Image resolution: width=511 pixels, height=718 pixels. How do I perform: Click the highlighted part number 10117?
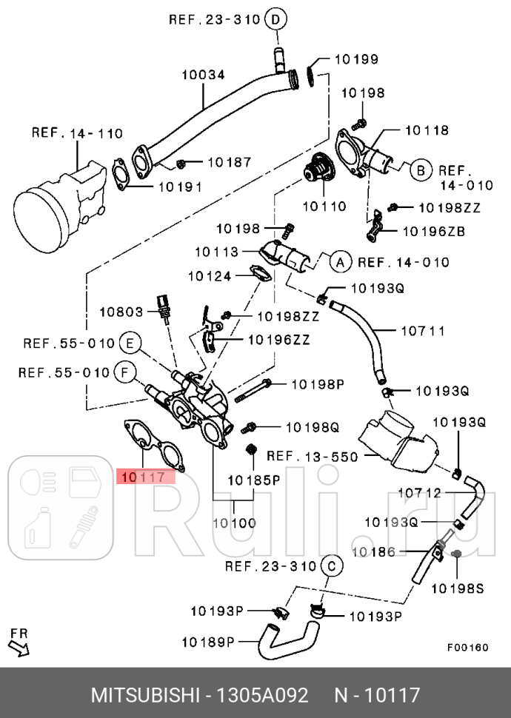click(144, 477)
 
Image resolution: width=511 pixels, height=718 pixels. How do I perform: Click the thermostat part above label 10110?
click(320, 170)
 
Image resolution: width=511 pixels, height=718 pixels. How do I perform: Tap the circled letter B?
click(420, 170)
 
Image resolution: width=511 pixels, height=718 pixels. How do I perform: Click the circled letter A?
click(340, 261)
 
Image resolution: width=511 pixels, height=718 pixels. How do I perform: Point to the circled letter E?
click(129, 343)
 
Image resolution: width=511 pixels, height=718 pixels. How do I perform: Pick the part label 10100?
click(234, 523)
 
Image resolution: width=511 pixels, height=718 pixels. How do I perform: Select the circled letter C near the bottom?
click(331, 567)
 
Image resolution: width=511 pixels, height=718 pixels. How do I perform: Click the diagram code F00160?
click(467, 647)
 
